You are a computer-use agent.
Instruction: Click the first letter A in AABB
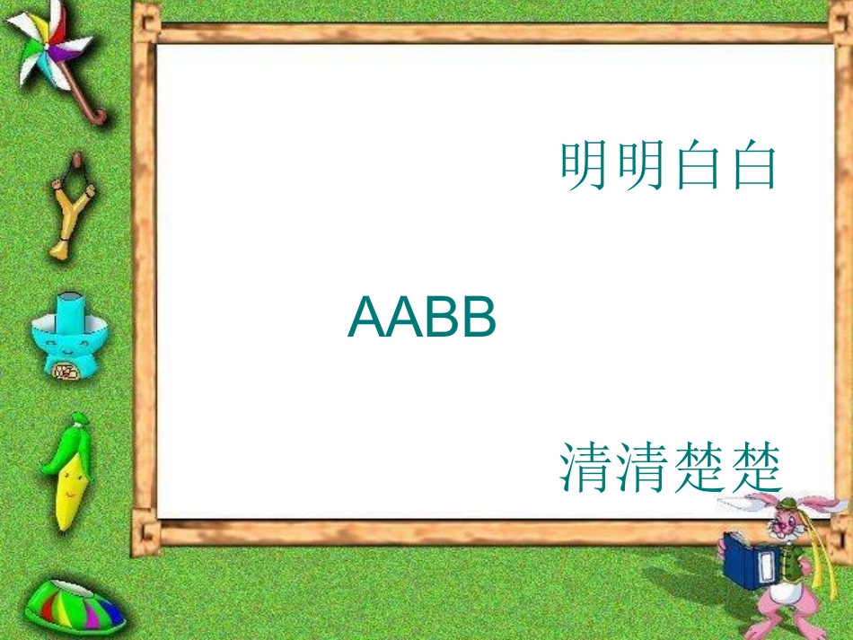(365, 319)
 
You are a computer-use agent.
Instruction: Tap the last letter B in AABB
(478, 319)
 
